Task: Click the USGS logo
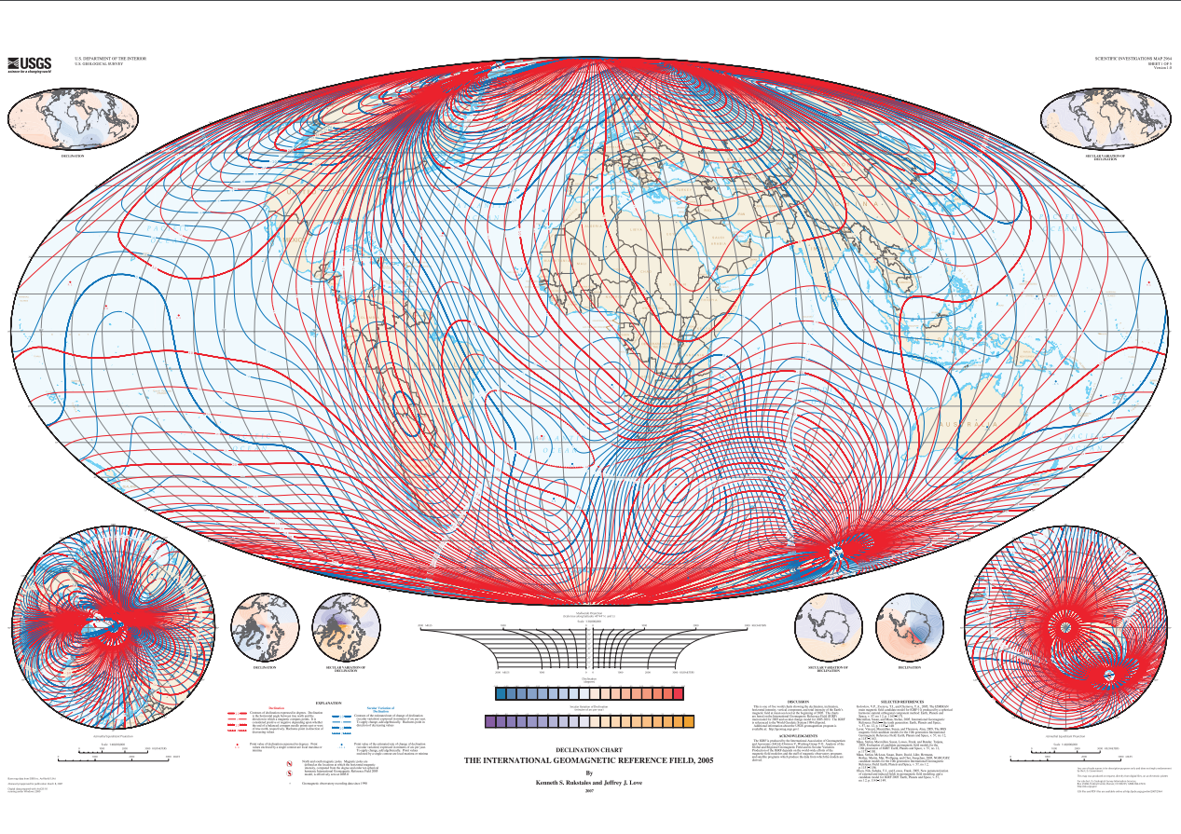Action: click(29, 64)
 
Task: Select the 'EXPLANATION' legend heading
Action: click(329, 702)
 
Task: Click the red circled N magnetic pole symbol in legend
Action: click(290, 762)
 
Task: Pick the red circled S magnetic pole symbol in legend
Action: click(290, 773)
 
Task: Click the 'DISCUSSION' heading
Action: click(798, 701)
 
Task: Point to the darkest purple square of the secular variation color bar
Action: click(491, 721)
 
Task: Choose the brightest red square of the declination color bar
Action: click(677, 693)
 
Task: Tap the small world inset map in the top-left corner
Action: click(73, 121)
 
